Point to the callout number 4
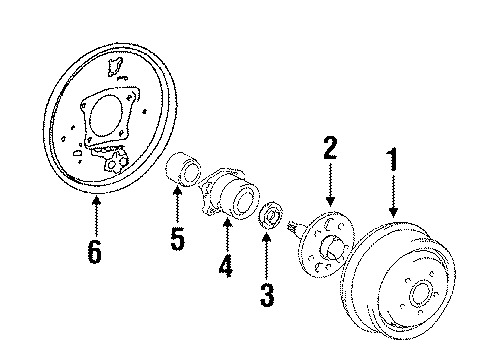(225, 267)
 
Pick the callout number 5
(175, 240)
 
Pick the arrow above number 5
(175, 205)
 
